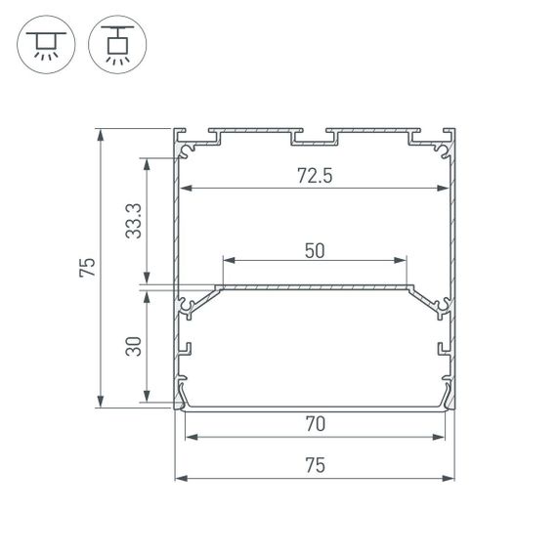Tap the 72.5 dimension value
pyautogui.click(x=314, y=176)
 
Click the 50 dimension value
pyautogui.click(x=314, y=250)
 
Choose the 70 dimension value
pyautogui.click(x=314, y=424)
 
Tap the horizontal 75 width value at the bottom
pyautogui.click(x=314, y=466)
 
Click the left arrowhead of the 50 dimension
pyautogui.click(x=227, y=261)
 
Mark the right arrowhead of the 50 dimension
pyautogui.click(x=402, y=261)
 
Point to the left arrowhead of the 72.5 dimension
pyautogui.click(x=183, y=187)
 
